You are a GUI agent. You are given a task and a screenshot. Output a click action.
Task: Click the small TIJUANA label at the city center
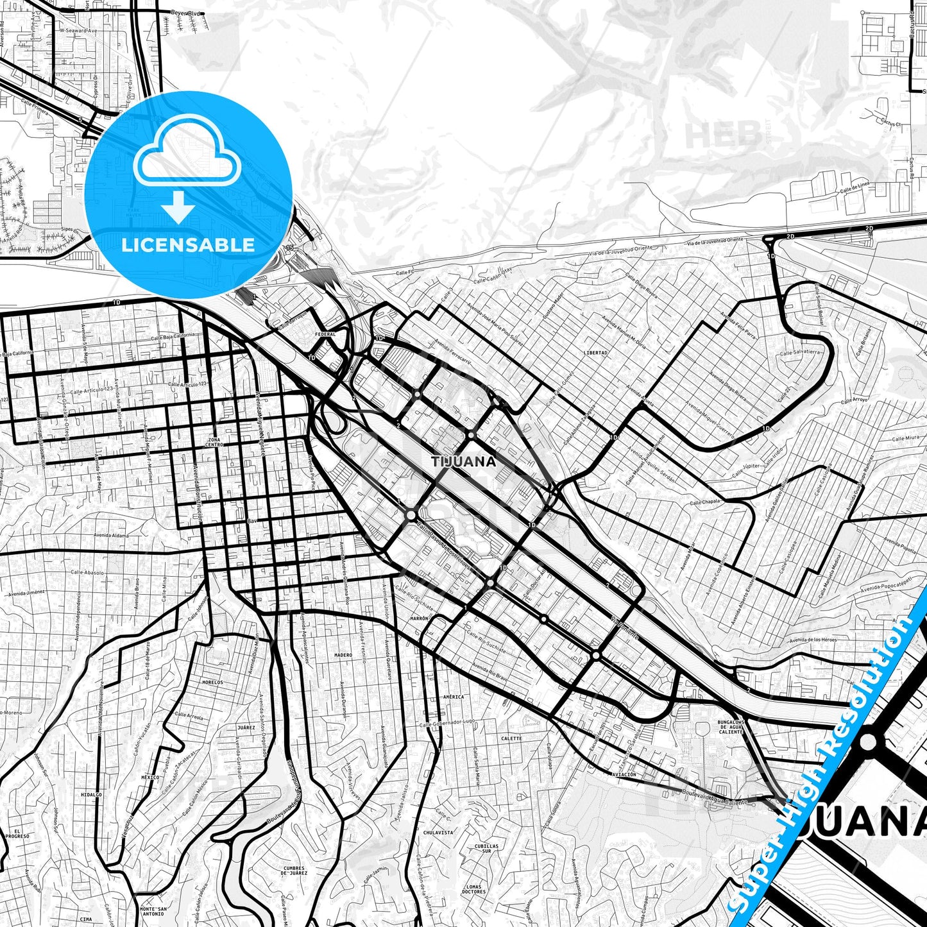click(464, 461)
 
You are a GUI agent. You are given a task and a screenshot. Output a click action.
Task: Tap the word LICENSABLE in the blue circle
click(187, 244)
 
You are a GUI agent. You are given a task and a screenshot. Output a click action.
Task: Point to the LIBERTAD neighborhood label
click(596, 353)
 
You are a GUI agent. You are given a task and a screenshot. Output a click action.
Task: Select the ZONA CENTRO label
click(214, 443)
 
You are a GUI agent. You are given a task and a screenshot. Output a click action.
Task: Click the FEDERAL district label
click(326, 334)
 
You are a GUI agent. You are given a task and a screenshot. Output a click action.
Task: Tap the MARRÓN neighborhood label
click(419, 618)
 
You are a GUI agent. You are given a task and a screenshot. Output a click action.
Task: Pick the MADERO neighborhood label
click(343, 655)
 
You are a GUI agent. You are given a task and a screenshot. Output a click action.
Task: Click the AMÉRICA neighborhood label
click(454, 697)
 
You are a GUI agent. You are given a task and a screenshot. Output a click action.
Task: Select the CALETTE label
click(511, 738)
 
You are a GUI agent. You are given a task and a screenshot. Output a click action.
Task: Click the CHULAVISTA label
click(438, 832)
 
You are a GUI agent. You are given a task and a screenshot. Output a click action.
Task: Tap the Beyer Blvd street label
click(187, 13)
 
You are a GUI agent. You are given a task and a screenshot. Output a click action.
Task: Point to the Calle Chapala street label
click(706, 501)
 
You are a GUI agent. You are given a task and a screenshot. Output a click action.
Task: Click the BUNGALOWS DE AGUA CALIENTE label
click(730, 727)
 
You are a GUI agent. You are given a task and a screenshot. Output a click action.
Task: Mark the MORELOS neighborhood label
click(212, 682)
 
